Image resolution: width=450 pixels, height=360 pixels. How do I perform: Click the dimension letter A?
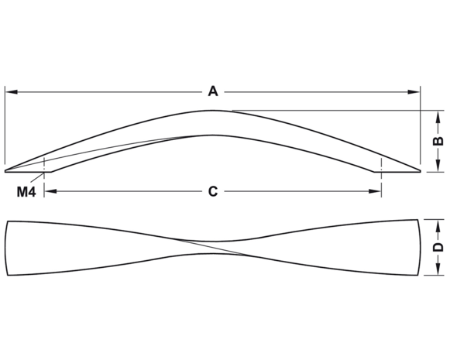tap(213, 91)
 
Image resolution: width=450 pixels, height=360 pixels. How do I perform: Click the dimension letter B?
tap(438, 141)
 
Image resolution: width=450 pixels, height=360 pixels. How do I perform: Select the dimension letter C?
tap(213, 191)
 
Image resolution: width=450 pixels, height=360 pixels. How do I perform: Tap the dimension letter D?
tap(438, 247)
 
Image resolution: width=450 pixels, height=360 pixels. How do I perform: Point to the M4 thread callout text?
tap(26, 192)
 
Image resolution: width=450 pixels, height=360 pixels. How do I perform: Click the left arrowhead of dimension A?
tap(12, 92)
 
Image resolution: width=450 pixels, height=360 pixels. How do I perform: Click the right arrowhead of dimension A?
tap(414, 92)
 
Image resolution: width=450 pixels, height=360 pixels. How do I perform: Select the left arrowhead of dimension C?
tap(50, 191)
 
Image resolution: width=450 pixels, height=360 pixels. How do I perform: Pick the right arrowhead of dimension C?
tap(375, 191)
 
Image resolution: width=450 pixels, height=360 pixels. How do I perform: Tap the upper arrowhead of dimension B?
tap(438, 117)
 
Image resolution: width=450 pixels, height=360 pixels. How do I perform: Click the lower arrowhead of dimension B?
tap(438, 166)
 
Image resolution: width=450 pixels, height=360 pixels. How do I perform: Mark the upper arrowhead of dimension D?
tap(438, 226)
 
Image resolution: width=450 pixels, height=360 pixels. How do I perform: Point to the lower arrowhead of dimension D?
tap(438, 269)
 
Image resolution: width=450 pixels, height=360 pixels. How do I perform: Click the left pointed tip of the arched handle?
tap(5, 171)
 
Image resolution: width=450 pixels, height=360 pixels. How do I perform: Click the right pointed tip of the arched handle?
tap(421, 171)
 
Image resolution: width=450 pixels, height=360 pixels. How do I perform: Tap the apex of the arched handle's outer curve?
tap(212, 111)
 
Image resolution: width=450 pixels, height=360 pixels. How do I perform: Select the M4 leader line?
tap(36, 177)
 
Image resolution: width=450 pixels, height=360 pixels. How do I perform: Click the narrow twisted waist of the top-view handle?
tap(213, 247)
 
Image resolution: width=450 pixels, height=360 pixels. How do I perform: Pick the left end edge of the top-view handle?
tap(5, 248)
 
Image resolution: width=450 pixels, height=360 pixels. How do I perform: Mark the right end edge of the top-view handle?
tap(420, 247)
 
